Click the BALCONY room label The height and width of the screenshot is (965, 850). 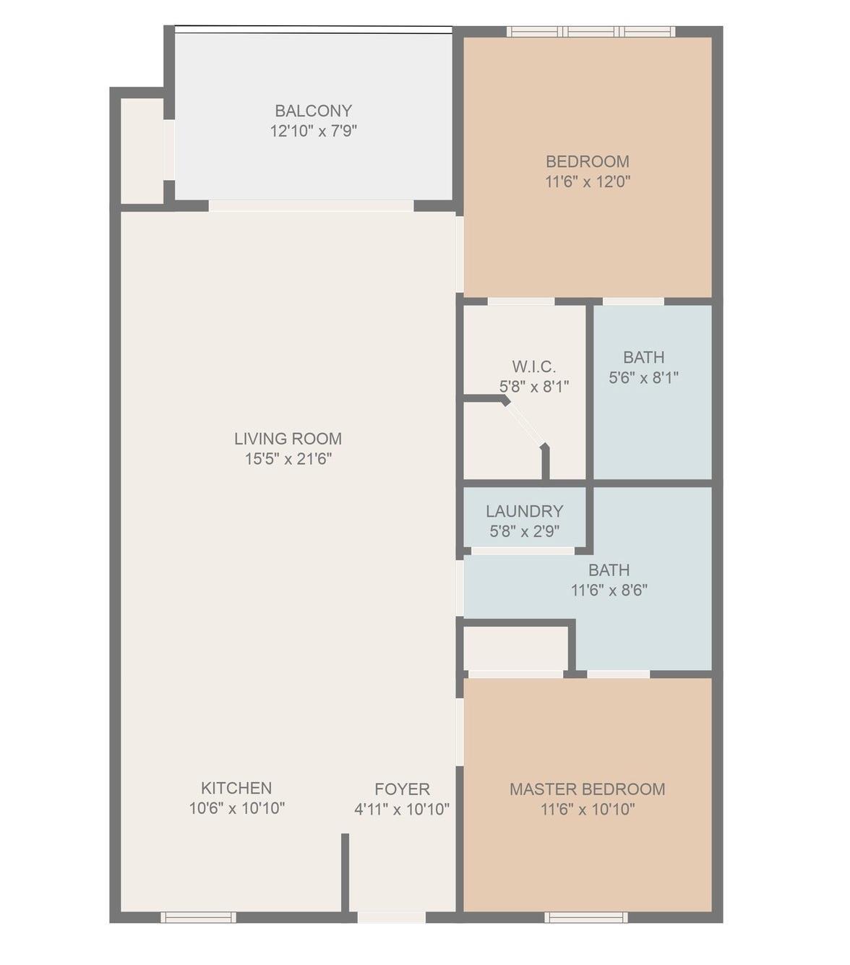coord(314,111)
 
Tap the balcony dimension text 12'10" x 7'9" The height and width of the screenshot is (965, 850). coord(314,131)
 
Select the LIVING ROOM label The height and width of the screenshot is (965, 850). coord(288,439)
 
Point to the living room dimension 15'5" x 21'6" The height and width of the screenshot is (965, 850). coord(288,459)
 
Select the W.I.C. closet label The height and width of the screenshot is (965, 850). coord(534,366)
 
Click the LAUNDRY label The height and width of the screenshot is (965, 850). coord(524,511)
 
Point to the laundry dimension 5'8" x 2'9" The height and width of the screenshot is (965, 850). coord(524,531)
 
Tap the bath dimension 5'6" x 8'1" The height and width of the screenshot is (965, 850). coord(643,378)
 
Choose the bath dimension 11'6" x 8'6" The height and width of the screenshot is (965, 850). coord(609,590)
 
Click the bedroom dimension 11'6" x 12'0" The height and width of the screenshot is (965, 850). coord(588,181)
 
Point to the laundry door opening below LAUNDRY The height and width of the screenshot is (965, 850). coord(523,551)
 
